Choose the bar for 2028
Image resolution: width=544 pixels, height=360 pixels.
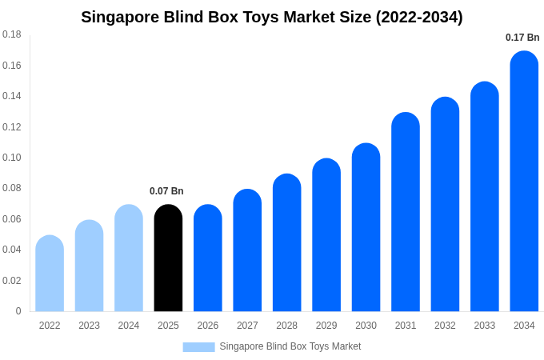[286, 243]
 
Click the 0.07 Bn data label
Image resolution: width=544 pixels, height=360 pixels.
[166, 191]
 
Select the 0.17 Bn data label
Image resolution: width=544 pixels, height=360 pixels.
[522, 38]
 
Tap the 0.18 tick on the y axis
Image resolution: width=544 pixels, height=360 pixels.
[12, 34]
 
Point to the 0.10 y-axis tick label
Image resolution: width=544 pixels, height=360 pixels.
[12, 158]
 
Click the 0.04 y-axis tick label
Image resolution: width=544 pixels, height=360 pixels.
[12, 250]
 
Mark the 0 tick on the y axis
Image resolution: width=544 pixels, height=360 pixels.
[18, 311]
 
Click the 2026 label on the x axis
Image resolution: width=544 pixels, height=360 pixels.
[208, 326]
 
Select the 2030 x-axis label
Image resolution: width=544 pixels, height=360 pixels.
[366, 326]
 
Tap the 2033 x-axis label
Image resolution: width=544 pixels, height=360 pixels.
[485, 326]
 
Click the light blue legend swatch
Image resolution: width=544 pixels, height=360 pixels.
[198, 347]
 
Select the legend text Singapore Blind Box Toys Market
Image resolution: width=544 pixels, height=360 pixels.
[290, 346]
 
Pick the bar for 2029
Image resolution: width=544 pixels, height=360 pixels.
[326, 235]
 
